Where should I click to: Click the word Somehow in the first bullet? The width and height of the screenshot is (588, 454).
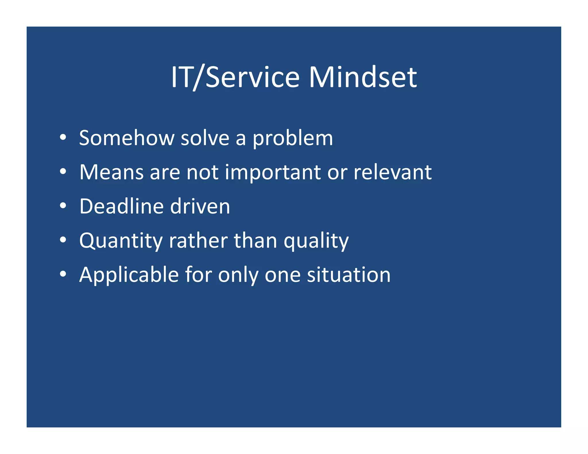[126, 138]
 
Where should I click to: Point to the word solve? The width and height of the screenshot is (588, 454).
[205, 138]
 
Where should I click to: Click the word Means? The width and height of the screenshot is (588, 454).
[111, 172]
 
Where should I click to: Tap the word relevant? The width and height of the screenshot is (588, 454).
[392, 172]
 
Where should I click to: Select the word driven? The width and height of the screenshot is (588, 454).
[200, 206]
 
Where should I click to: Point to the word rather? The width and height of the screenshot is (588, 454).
[198, 240]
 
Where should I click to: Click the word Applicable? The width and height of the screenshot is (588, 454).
[129, 275]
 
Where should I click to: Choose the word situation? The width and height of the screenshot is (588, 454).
[349, 275]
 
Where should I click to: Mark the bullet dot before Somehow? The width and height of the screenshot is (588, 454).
[63, 138]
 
